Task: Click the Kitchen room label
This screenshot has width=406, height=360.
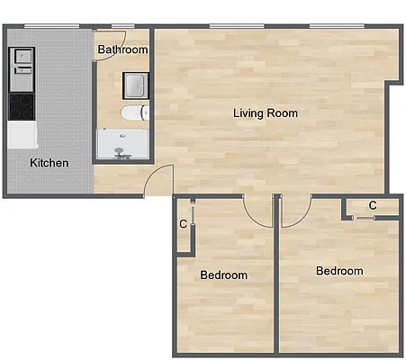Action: pos(49,163)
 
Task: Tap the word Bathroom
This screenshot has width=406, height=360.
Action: pos(122,50)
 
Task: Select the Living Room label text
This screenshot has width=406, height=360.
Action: pos(265,113)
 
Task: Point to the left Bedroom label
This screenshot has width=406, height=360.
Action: pos(223,274)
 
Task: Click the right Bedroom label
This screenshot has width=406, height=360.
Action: pos(339,271)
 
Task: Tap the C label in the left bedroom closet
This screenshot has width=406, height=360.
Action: pos(183,223)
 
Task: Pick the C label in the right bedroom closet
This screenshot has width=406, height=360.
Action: pos(372,205)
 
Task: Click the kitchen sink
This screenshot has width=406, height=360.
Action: pos(22,61)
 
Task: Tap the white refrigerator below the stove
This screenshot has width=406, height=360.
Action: pos(22,135)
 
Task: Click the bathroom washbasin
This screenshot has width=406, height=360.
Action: pos(135,85)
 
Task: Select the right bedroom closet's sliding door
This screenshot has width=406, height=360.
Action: pos(364,218)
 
